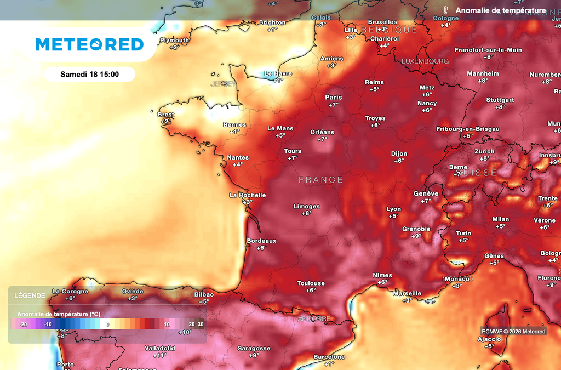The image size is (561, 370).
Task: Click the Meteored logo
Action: (90, 44)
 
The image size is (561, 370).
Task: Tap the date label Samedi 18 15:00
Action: (89, 74)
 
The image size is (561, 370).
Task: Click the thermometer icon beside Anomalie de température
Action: (446, 10)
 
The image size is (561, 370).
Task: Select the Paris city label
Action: (333, 98)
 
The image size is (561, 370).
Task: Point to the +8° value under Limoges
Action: (306, 214)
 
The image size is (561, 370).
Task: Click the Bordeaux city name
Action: (261, 241)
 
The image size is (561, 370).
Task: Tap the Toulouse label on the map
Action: (311, 283)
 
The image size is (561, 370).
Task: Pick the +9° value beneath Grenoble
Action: (416, 236)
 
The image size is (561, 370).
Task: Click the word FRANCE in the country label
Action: (321, 180)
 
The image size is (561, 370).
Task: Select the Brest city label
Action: (165, 115)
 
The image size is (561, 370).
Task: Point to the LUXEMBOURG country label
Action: (425, 61)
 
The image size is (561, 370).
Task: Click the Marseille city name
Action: (407, 293)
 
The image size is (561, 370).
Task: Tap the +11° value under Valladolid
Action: (159, 355)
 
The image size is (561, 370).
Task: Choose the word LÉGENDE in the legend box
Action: (30, 295)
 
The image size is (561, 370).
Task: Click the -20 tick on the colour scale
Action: (23, 325)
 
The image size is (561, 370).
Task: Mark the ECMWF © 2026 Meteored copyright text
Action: (513, 331)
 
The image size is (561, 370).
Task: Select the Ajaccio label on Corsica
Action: (489, 339)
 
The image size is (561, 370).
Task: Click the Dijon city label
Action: (398, 153)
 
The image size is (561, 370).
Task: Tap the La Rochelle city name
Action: (247, 195)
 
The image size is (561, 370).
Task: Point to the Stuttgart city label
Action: (500, 100)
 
